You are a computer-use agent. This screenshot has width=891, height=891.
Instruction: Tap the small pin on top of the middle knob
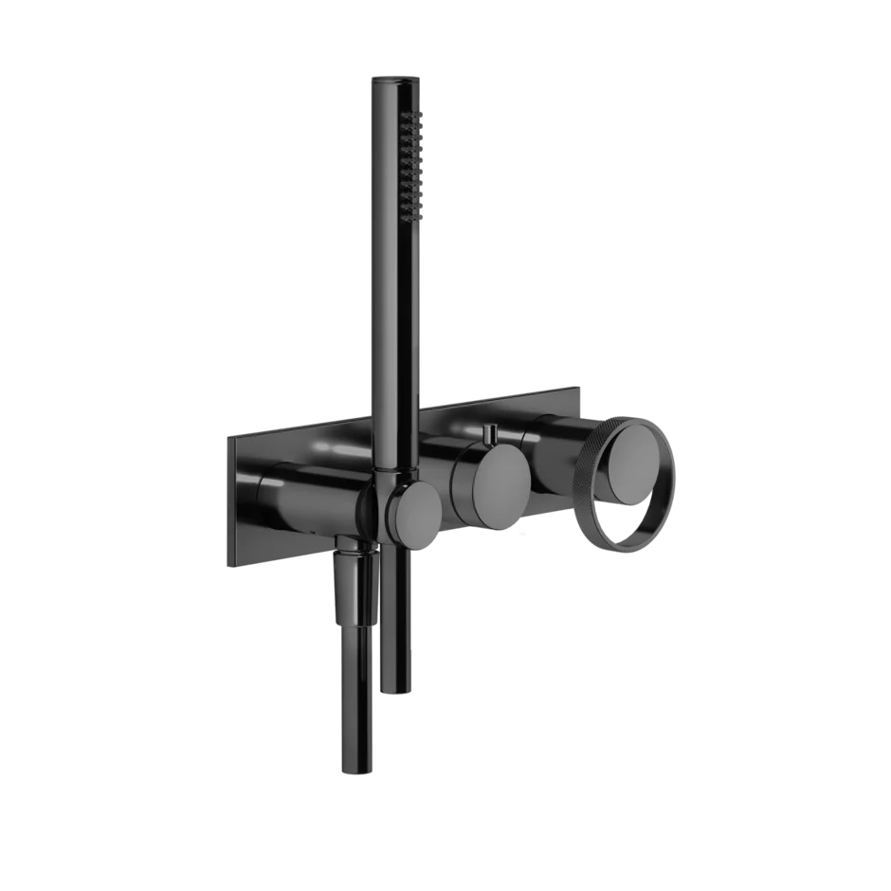[490, 435]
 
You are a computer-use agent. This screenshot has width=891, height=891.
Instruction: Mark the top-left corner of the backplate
[224, 436]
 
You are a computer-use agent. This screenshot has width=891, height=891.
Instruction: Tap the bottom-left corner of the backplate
[225, 566]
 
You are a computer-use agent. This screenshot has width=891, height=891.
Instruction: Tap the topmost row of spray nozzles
[412, 116]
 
